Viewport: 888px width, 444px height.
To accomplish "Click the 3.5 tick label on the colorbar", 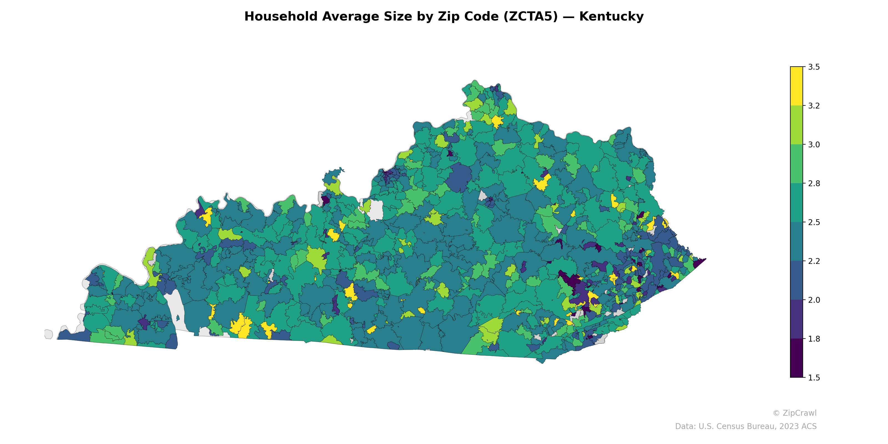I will pyautogui.click(x=814, y=67).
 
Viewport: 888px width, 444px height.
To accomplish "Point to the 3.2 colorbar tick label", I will pyautogui.click(x=814, y=106).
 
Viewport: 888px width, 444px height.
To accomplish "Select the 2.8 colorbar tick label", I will pyautogui.click(x=814, y=183).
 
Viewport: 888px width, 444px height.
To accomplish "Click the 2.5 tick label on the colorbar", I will pyautogui.click(x=814, y=222).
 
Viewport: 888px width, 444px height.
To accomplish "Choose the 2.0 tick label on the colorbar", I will pyautogui.click(x=814, y=300).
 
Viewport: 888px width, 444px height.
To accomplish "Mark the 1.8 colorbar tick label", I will pyautogui.click(x=814, y=339).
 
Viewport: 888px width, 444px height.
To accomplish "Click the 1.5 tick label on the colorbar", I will pyautogui.click(x=814, y=378).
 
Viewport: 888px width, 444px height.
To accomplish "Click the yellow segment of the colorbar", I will pyautogui.click(x=796, y=86).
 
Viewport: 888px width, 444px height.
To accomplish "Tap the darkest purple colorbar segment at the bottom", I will pyautogui.click(x=796, y=359).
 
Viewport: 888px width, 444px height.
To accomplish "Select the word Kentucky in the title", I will pyautogui.click(x=611, y=17).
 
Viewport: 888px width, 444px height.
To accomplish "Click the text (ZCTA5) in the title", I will pyautogui.click(x=531, y=17).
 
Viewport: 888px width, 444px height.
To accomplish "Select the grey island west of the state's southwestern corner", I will pyautogui.click(x=49, y=334).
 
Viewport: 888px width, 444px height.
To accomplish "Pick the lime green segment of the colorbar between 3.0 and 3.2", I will pyautogui.click(x=796, y=125).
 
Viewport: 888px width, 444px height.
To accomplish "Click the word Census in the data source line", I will pyautogui.click(x=734, y=427).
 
